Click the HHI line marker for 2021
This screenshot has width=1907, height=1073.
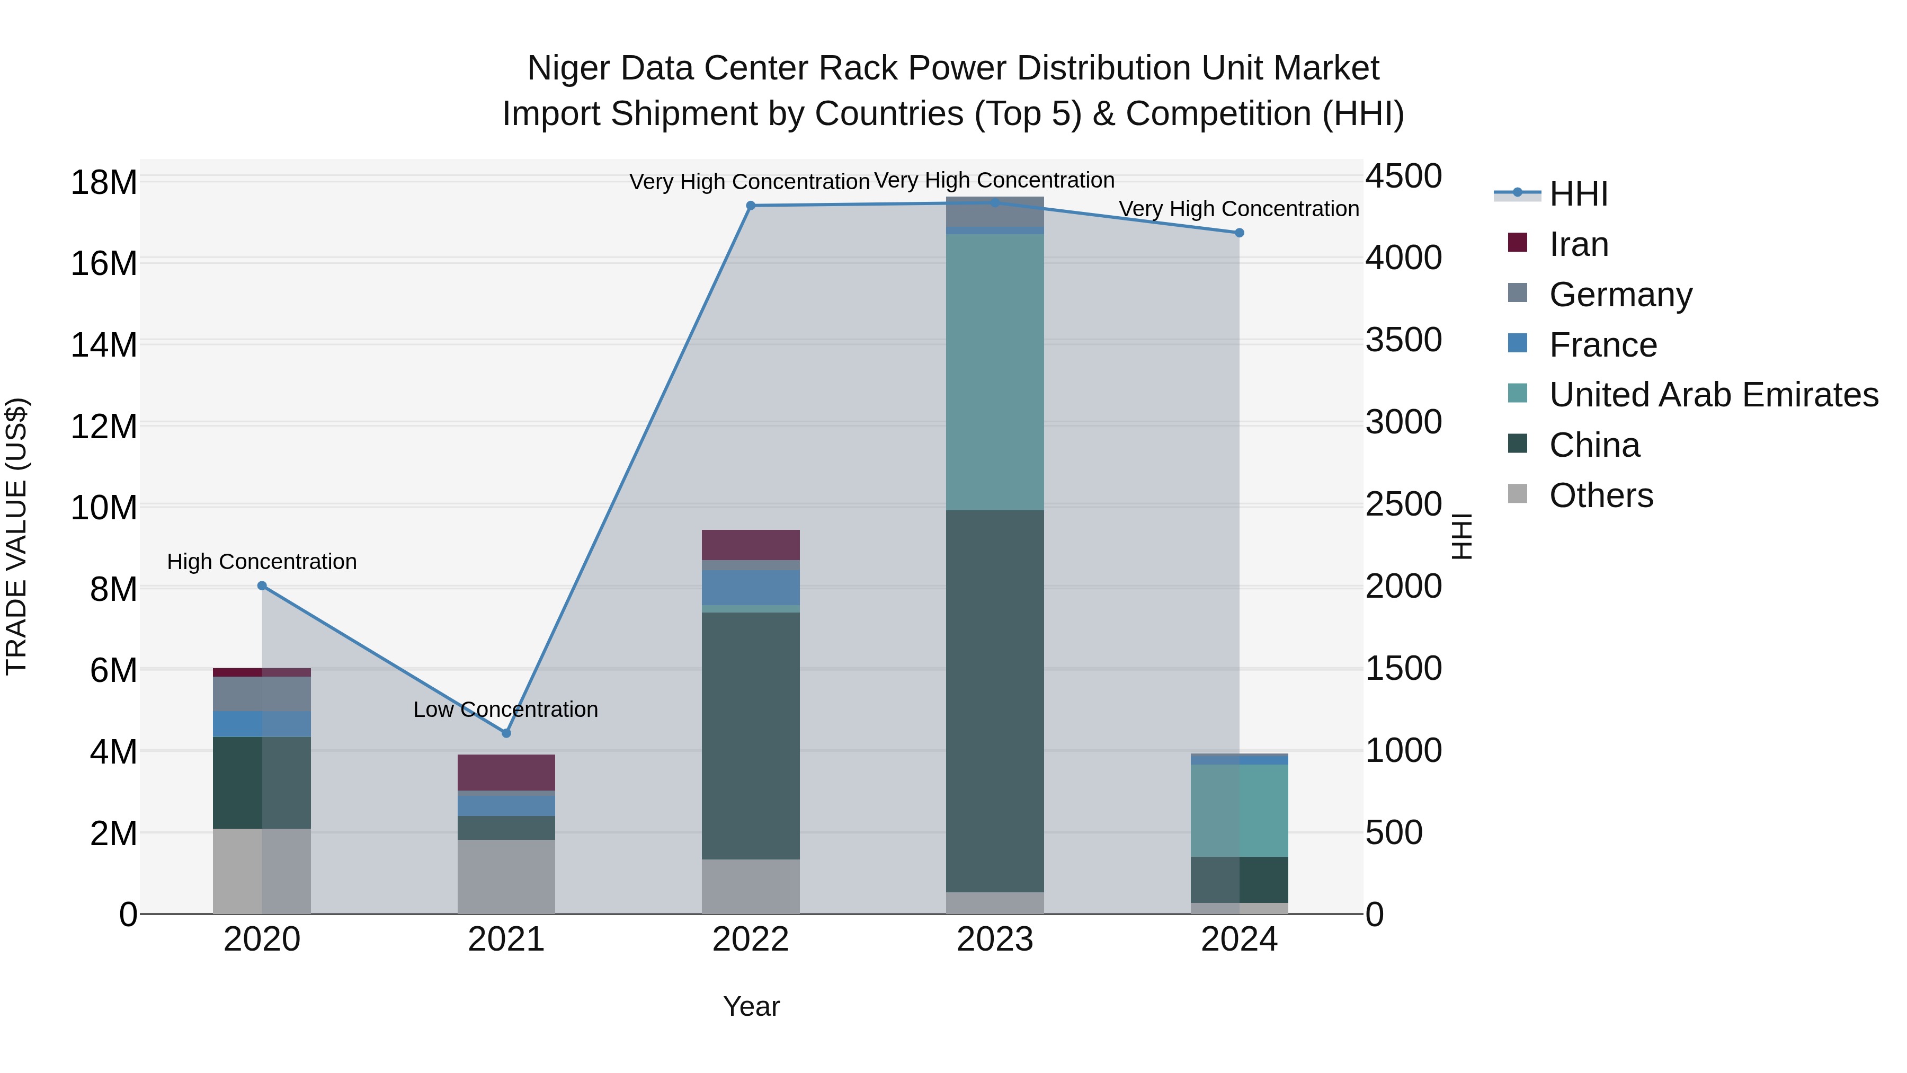click(506, 733)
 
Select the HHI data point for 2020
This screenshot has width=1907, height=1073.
click(262, 586)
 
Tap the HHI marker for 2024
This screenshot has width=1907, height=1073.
click(1239, 233)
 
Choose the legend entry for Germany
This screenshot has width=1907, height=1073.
click(1620, 295)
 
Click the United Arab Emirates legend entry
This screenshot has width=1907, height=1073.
click(1713, 395)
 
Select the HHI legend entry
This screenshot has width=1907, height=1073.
click(1579, 194)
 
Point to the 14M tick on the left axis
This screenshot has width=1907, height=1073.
click(104, 345)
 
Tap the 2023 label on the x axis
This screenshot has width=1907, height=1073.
click(995, 939)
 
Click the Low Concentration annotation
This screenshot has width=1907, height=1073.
click(506, 710)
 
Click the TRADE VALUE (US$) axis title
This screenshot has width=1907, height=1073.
click(16, 536)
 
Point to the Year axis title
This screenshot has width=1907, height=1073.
click(751, 1006)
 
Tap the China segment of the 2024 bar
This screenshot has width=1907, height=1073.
click(1239, 879)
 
